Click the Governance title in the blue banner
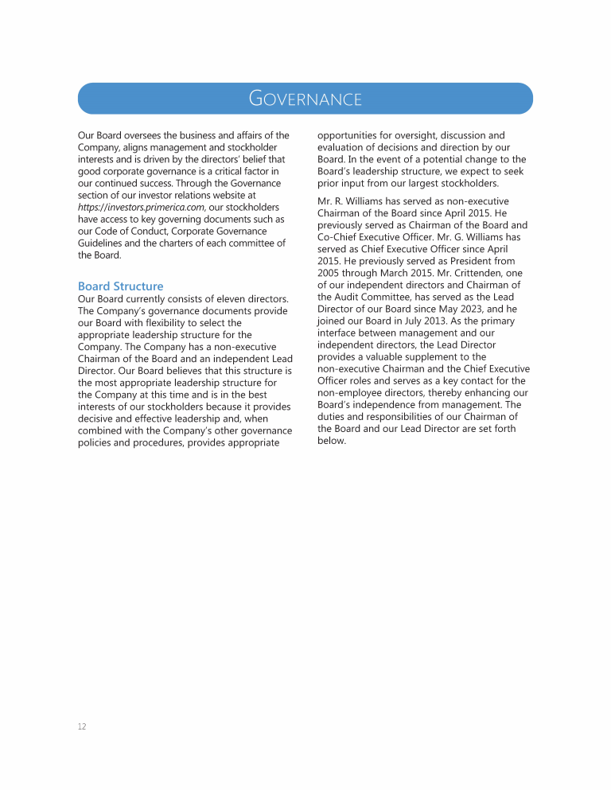[305, 99]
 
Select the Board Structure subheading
[120, 286]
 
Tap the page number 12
[82, 726]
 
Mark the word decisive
[99, 418]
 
